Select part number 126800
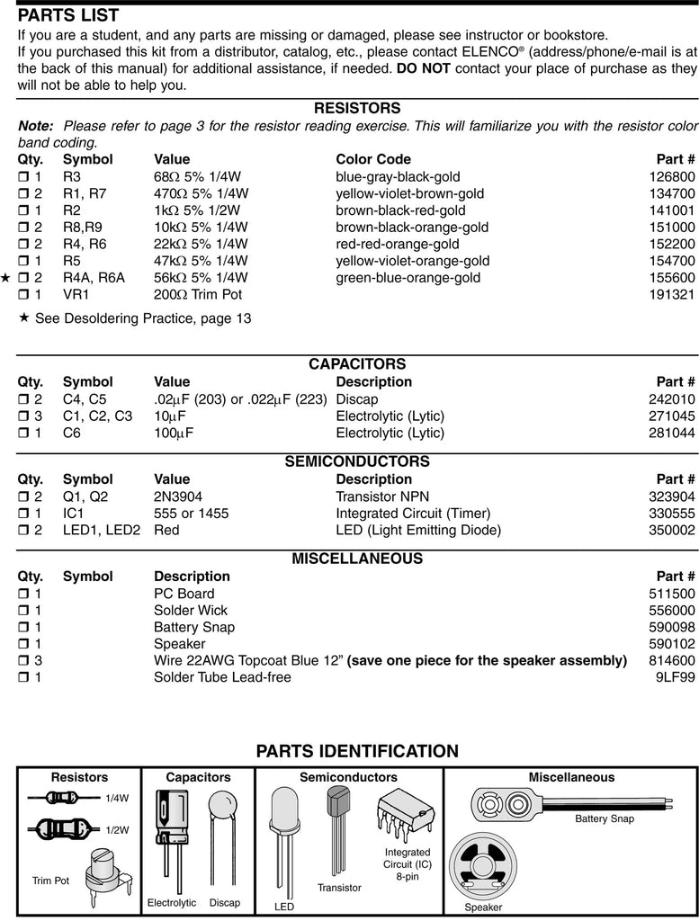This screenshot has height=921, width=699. click(x=672, y=177)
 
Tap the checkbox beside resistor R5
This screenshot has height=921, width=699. click(x=24, y=262)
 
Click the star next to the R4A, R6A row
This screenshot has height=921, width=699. click(x=6, y=278)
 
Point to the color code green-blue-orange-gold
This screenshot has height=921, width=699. click(x=408, y=278)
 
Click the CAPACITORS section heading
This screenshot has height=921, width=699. click(x=357, y=364)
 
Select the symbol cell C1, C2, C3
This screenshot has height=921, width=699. click(x=97, y=416)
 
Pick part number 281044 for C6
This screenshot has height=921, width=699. click(x=672, y=434)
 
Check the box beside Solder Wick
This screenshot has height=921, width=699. click(x=24, y=611)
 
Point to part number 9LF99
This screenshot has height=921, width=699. click(x=676, y=677)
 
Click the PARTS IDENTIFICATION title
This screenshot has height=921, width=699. click(x=357, y=751)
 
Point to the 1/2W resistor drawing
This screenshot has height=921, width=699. click(x=59, y=829)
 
